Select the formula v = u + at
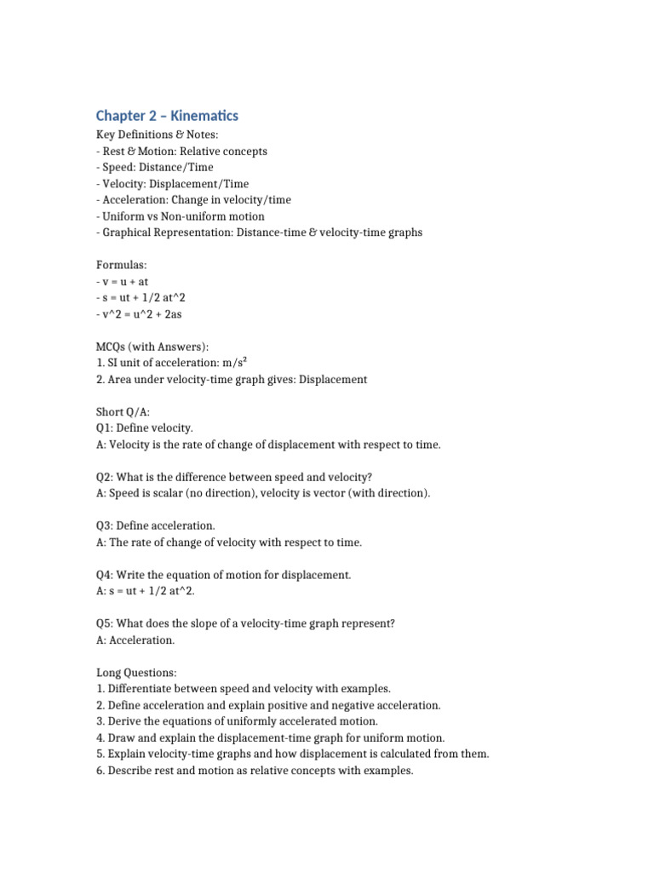(x=125, y=282)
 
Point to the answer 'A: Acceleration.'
(x=135, y=640)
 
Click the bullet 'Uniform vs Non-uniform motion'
(x=182, y=216)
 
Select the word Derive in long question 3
(x=123, y=721)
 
